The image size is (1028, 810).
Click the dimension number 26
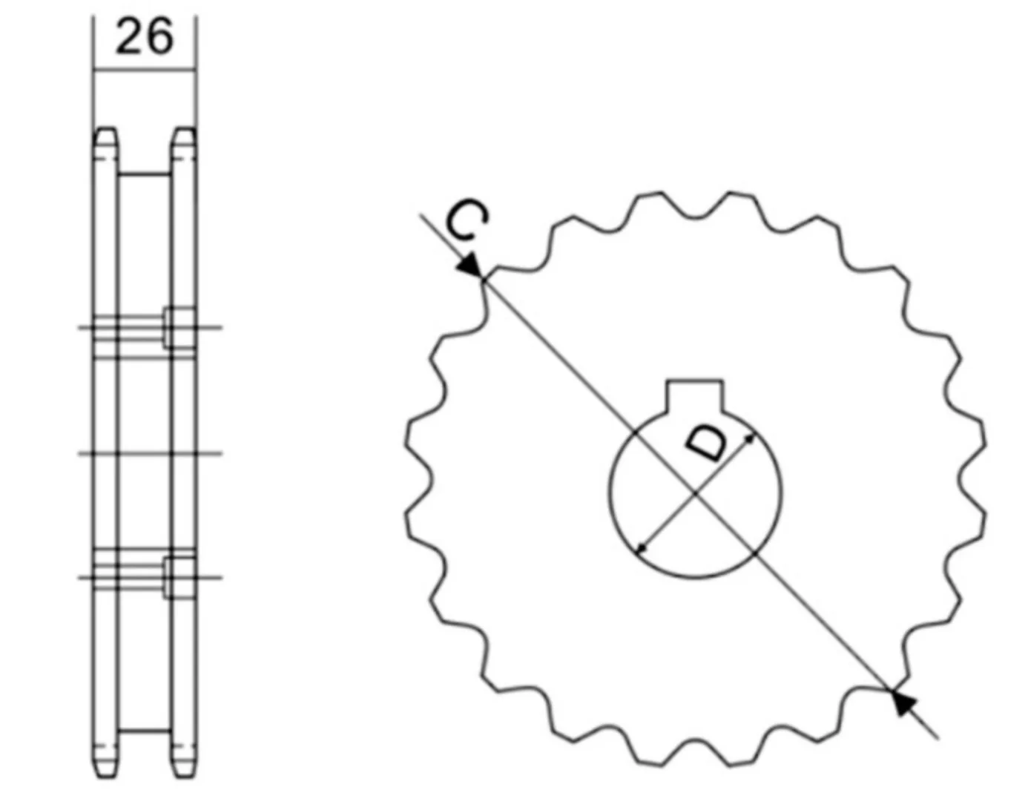click(145, 37)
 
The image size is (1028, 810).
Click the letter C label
click(467, 220)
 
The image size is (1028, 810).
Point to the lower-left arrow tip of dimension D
click(639, 552)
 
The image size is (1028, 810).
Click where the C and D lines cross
click(696, 494)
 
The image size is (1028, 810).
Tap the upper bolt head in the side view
click(179, 328)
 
